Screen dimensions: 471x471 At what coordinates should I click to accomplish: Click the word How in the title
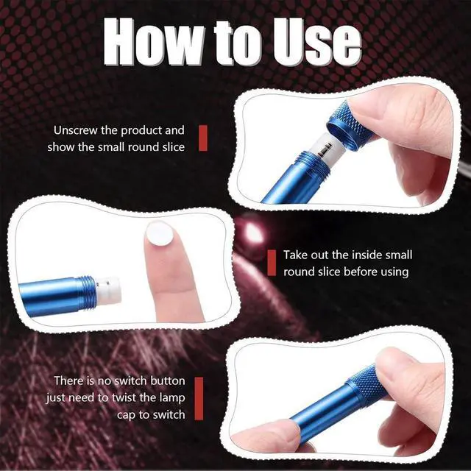click(x=154, y=41)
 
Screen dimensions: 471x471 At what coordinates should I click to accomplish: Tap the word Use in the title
click(x=317, y=42)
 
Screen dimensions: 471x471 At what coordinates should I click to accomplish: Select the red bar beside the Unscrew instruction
click(x=203, y=138)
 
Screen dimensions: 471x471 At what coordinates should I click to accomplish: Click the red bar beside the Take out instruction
click(x=272, y=263)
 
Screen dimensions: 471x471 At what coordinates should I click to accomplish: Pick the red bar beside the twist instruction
click(x=199, y=398)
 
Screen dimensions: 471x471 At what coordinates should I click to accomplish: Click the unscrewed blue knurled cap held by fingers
click(x=348, y=124)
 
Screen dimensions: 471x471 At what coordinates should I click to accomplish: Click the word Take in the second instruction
click(x=296, y=255)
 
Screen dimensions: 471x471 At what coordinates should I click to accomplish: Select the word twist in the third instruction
click(x=124, y=397)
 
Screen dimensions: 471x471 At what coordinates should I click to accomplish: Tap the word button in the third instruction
click(x=168, y=381)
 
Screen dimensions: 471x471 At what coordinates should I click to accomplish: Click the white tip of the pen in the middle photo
click(x=109, y=289)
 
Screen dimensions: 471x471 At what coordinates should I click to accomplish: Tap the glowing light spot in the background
click(x=252, y=231)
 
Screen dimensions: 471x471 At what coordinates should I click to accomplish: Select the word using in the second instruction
click(x=394, y=272)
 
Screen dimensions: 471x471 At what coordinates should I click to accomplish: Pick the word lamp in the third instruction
click(x=172, y=397)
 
